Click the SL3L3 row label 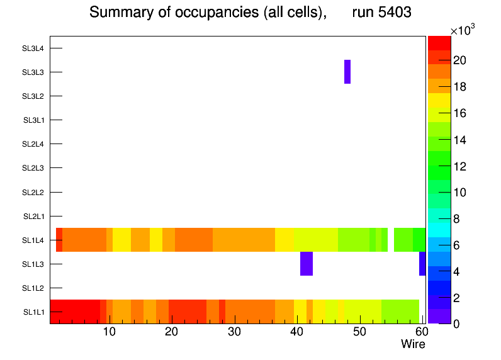coord(33,72)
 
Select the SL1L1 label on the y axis coord(34,312)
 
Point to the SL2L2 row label coord(33,192)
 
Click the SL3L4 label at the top coord(33,48)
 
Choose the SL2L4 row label coord(33,144)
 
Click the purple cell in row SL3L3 coord(347,72)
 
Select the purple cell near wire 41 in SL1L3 coord(307,264)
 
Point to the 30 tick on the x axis coord(234,332)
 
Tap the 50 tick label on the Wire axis coord(359,332)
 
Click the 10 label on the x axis coord(109,332)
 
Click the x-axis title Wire coord(413,344)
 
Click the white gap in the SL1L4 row coord(391,240)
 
